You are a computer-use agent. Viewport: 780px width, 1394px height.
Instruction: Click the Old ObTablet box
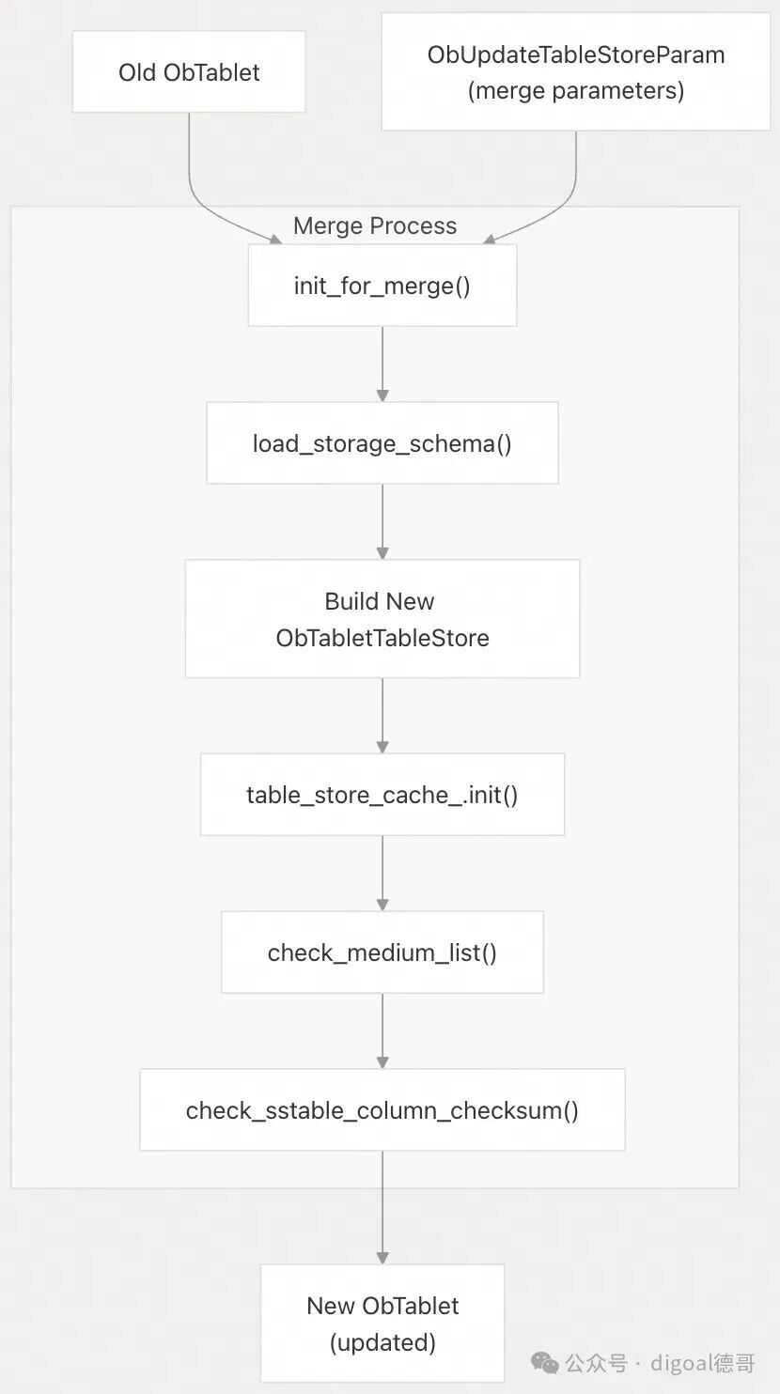tap(189, 71)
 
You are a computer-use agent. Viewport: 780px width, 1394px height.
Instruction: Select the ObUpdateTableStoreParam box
tap(576, 71)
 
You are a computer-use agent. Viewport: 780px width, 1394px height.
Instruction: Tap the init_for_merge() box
tap(382, 285)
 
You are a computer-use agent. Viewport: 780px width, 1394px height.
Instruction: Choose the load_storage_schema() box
tap(382, 442)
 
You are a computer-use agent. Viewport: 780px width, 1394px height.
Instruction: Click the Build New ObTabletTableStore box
tap(382, 619)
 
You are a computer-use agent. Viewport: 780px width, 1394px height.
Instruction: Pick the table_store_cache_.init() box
tap(382, 794)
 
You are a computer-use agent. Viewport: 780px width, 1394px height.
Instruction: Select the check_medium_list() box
tap(382, 953)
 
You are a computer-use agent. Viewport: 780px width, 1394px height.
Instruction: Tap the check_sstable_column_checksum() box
tap(382, 1109)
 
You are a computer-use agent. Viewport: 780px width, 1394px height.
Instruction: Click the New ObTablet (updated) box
tap(382, 1323)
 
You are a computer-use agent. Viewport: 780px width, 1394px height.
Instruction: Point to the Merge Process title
tap(375, 225)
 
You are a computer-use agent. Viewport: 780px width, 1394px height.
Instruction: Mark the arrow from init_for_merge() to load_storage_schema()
tap(382, 364)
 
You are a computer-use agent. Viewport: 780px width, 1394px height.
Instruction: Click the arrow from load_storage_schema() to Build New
tap(382, 521)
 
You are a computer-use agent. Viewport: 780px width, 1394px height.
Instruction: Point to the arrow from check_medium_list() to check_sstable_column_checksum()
tap(382, 1031)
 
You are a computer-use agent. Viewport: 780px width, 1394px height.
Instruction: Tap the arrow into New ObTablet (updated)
tap(382, 1207)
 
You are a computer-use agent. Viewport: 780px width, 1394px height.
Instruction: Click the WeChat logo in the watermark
tap(545, 1363)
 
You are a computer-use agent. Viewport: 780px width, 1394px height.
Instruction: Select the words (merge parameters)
tap(576, 91)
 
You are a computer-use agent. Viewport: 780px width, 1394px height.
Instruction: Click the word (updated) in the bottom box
tap(382, 1342)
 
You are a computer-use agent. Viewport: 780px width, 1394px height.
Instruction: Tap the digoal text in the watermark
tap(681, 1363)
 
